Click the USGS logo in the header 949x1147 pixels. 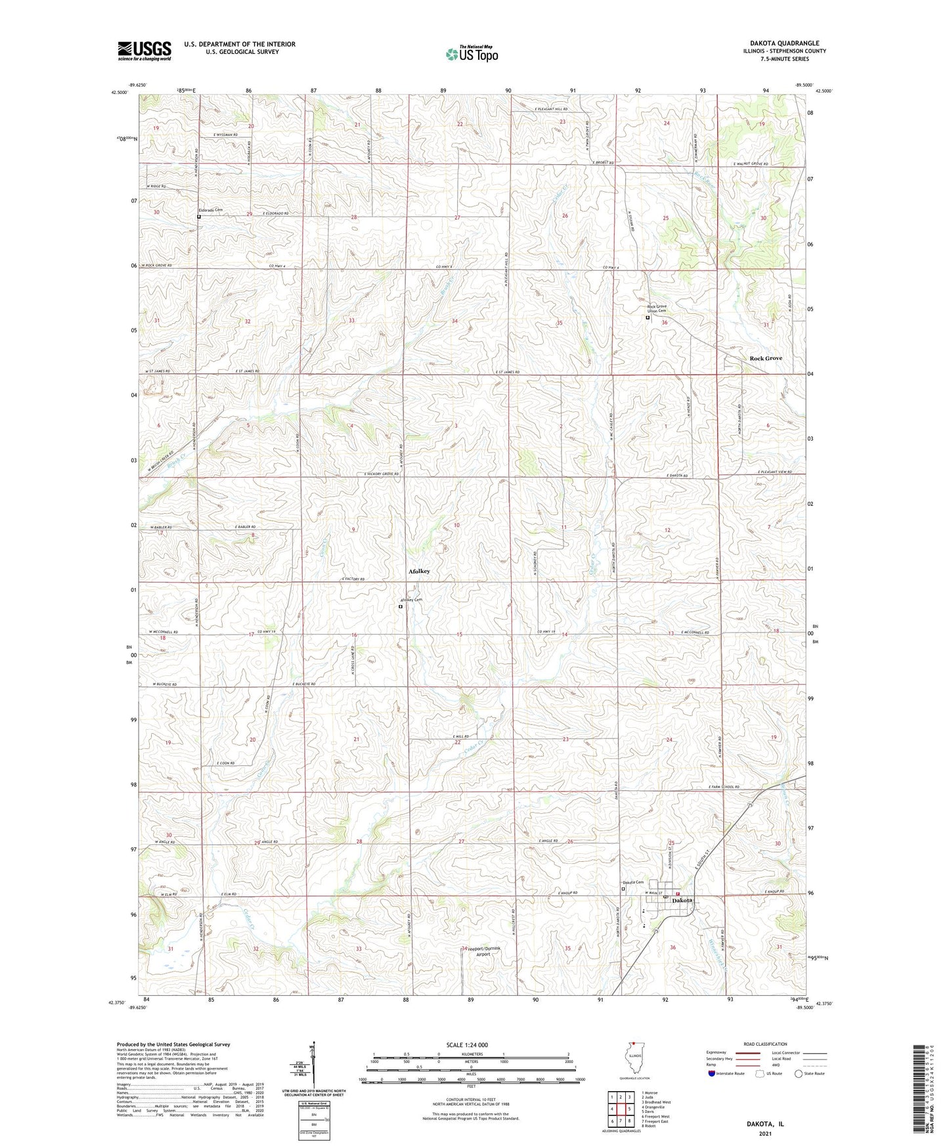(x=144, y=50)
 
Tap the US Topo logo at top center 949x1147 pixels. (x=472, y=55)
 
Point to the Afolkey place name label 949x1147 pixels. (x=419, y=572)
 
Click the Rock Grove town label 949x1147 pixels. (x=766, y=359)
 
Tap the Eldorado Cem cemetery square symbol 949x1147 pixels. (x=198, y=216)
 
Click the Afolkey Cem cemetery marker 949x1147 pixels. (x=401, y=607)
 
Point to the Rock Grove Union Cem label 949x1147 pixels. (x=661, y=308)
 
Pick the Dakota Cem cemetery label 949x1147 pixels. (x=633, y=882)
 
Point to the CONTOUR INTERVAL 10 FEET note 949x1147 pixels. (x=471, y=1102)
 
